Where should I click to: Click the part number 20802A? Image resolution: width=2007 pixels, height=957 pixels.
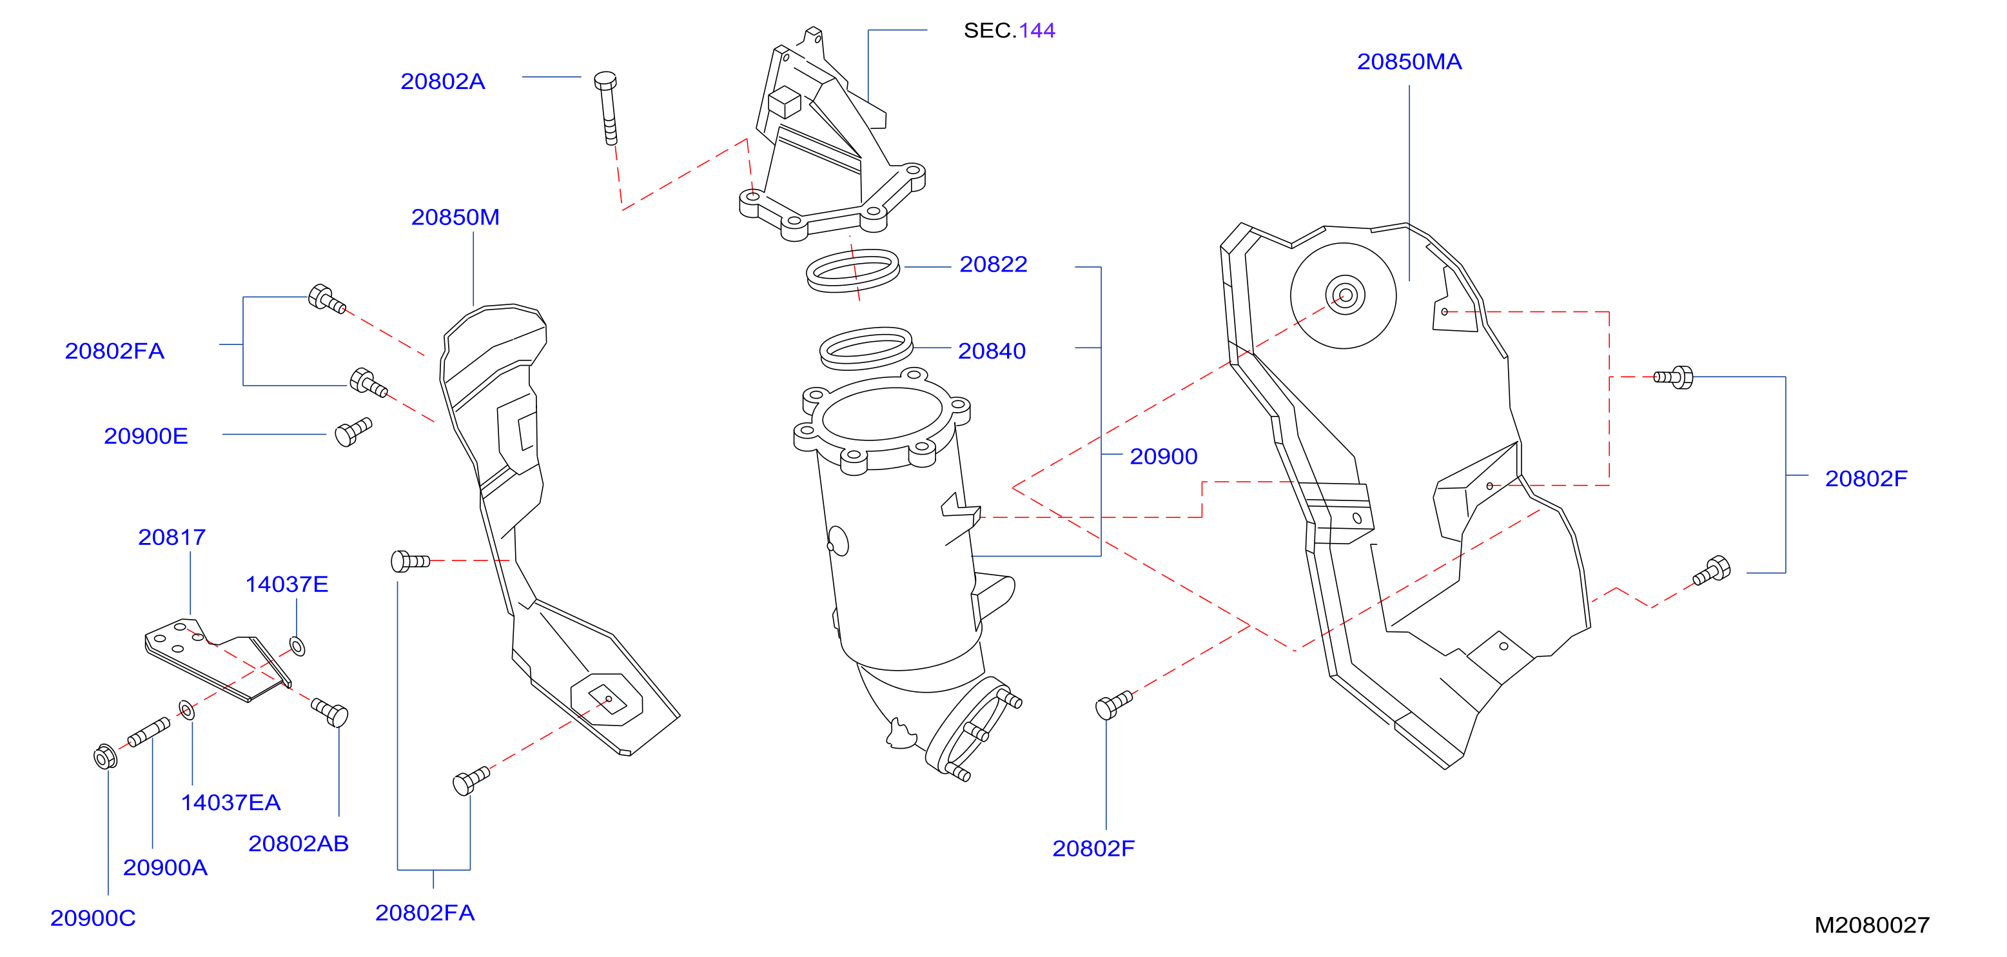[x=442, y=82]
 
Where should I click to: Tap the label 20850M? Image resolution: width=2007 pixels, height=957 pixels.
[x=455, y=217]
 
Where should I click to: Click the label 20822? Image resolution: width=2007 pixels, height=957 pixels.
[x=994, y=265]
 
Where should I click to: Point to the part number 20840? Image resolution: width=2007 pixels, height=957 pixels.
[x=992, y=351]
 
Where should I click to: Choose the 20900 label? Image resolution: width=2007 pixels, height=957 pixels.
[x=1163, y=457]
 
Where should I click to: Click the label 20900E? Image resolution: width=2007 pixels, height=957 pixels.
[x=146, y=437]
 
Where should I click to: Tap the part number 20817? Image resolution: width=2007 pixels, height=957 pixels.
[x=171, y=538]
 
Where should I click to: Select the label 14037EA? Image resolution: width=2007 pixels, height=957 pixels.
[x=231, y=803]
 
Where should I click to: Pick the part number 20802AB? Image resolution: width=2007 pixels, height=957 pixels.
[x=299, y=844]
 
